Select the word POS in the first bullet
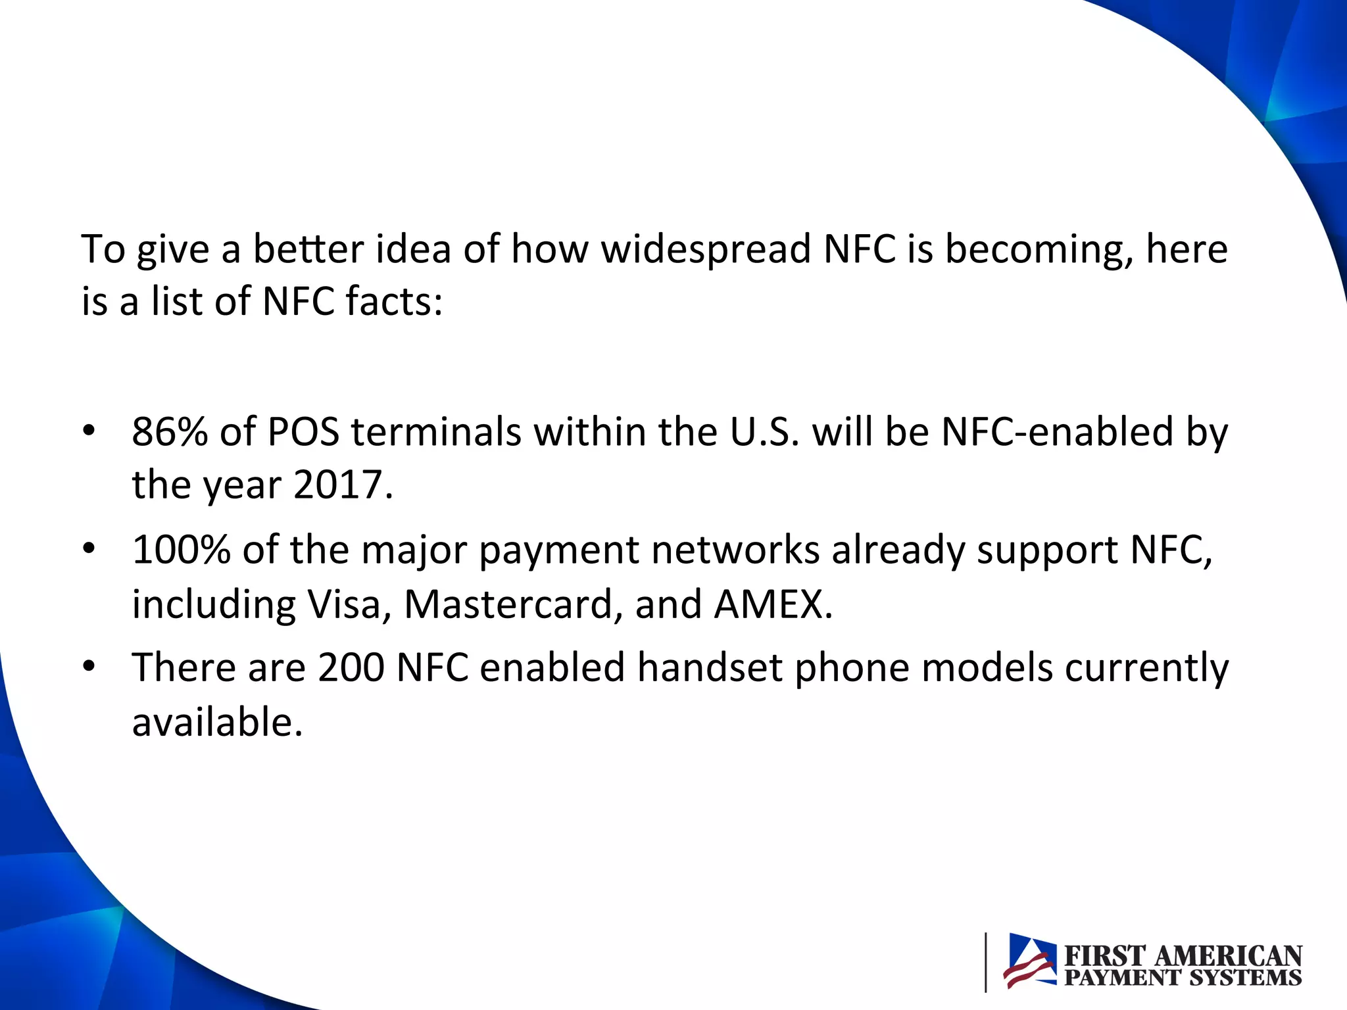303,433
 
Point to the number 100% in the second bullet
181,550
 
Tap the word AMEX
769,604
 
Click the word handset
710,668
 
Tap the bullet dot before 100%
89,549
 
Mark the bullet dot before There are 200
89,667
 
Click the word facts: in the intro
394,302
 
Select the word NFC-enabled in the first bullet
1058,433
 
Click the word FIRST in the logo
1104,956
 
